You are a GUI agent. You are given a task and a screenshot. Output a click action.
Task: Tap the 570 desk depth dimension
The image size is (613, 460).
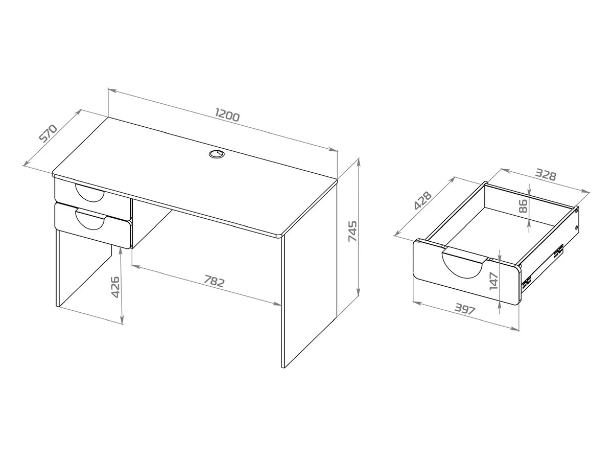tap(48, 134)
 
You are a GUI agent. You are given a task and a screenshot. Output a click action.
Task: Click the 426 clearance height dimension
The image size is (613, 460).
tap(115, 287)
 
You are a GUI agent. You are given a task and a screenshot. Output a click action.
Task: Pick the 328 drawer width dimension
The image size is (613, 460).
tap(546, 175)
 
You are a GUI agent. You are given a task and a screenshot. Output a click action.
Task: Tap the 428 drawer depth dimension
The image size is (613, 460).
tap(422, 200)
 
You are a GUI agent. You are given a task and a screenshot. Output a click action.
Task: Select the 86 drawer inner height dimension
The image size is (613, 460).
tap(523, 206)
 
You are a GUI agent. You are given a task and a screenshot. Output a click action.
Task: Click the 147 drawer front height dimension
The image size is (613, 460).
tap(494, 281)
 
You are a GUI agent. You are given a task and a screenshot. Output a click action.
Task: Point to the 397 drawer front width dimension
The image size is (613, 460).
tap(465, 309)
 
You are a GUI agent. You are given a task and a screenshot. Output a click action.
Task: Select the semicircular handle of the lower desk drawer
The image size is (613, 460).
tap(90, 220)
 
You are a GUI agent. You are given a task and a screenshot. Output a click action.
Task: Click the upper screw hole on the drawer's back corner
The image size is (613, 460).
tap(576, 212)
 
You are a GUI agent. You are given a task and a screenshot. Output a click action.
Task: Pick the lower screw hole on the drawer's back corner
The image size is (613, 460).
tap(576, 227)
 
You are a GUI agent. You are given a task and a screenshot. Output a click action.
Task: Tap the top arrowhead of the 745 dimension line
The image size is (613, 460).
tap(358, 162)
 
